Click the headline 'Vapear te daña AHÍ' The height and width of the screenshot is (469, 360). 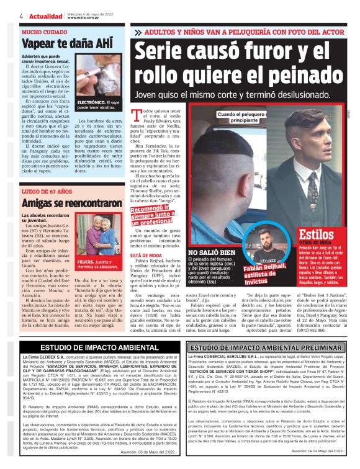coord(59,43)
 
